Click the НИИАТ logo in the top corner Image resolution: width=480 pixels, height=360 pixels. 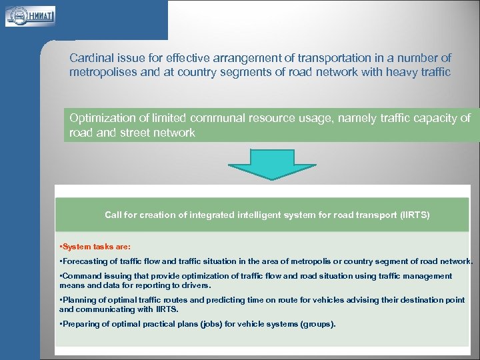(30, 15)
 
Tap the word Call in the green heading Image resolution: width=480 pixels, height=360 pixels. (113, 215)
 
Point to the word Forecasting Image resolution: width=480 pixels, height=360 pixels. (83, 261)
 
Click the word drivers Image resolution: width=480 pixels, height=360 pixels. (195, 285)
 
